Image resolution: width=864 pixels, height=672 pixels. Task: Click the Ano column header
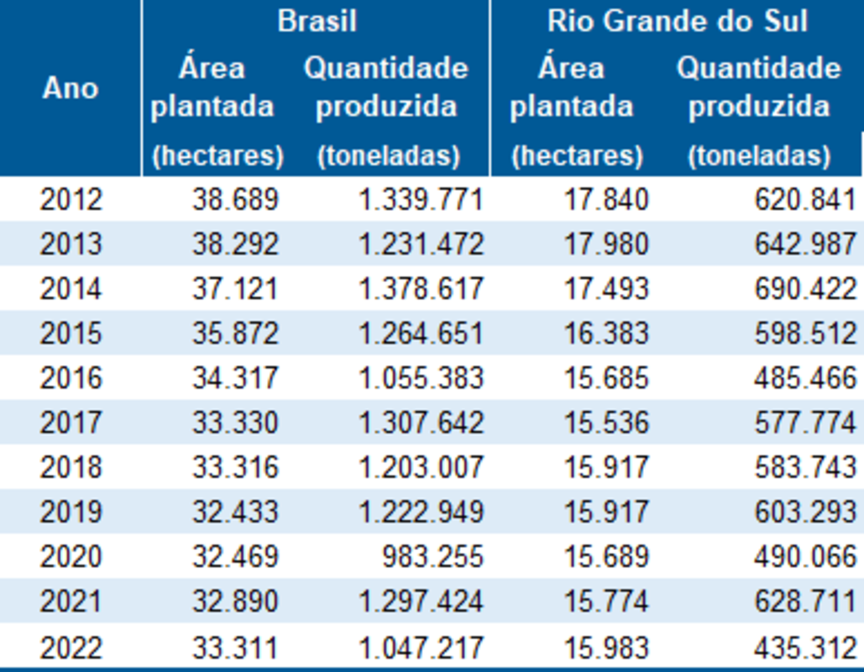coord(71,88)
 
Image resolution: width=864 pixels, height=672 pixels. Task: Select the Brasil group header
coord(317,21)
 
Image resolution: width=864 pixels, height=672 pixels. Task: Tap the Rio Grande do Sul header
coord(677,21)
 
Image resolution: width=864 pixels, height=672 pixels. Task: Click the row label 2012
coord(71,199)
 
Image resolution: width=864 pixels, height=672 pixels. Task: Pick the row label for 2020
coord(71,557)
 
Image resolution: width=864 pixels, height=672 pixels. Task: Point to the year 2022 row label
coord(71,648)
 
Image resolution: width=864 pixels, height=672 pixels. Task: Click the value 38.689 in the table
coord(235,199)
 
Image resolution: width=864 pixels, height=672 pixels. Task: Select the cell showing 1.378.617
coord(421,289)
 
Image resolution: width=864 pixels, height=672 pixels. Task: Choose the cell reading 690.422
coord(805,289)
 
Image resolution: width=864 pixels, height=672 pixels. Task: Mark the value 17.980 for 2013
coord(606,244)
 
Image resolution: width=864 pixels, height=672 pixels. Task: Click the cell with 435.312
coord(805,648)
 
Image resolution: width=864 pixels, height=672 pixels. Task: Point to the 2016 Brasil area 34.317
coord(235,378)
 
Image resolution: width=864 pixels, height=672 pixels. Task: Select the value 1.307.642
coord(421,423)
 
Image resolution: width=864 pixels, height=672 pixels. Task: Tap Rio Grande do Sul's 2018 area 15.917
coord(606,467)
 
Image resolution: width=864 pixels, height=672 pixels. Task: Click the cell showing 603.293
coord(805,512)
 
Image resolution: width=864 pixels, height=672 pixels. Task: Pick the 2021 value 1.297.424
coord(421,601)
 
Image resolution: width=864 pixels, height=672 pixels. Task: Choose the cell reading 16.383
coord(606,333)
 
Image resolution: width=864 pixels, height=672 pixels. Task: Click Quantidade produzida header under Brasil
coord(386,87)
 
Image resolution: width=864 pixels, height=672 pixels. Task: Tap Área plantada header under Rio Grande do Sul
coord(571,87)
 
